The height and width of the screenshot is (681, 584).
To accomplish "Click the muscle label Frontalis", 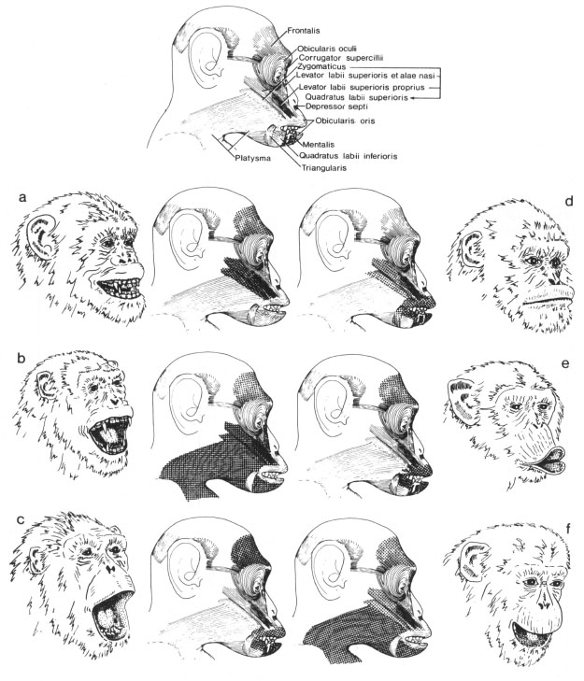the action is coord(304,31).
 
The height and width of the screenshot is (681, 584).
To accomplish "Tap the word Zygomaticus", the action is coord(321,67).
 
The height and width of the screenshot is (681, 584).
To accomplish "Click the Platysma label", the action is coord(253,158).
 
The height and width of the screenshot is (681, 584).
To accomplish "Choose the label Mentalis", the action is coord(319,144).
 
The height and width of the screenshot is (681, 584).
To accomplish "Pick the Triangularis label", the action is coord(323,167).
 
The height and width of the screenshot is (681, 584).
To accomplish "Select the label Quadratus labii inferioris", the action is coord(348,155).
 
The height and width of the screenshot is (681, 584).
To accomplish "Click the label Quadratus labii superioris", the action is coord(356,97).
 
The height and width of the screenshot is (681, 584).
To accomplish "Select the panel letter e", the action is coord(565,364).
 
